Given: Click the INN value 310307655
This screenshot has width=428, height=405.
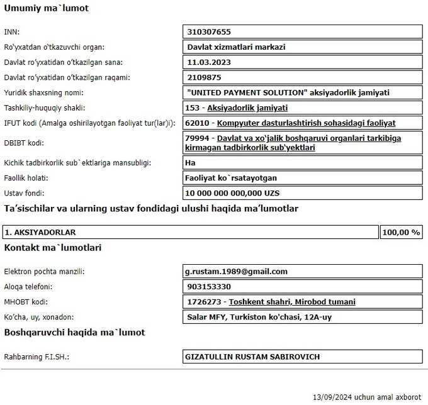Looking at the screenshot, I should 210,31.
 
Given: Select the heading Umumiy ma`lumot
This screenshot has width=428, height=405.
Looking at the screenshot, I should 46,8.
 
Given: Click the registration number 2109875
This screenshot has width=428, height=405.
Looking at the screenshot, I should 205,77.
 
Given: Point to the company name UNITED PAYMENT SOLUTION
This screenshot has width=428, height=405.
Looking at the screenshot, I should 246,92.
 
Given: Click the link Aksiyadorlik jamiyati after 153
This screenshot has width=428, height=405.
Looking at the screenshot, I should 247,108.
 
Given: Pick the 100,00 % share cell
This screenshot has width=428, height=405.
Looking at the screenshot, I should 400,232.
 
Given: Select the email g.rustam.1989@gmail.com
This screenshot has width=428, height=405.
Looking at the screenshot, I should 236,272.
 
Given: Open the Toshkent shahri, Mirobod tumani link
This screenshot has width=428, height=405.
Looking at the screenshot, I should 291,302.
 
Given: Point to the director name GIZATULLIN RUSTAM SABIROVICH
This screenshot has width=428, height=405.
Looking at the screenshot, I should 252,357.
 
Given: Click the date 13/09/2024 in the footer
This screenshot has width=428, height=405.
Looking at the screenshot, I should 332,397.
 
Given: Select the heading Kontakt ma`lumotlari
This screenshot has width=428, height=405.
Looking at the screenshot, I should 53,247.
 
